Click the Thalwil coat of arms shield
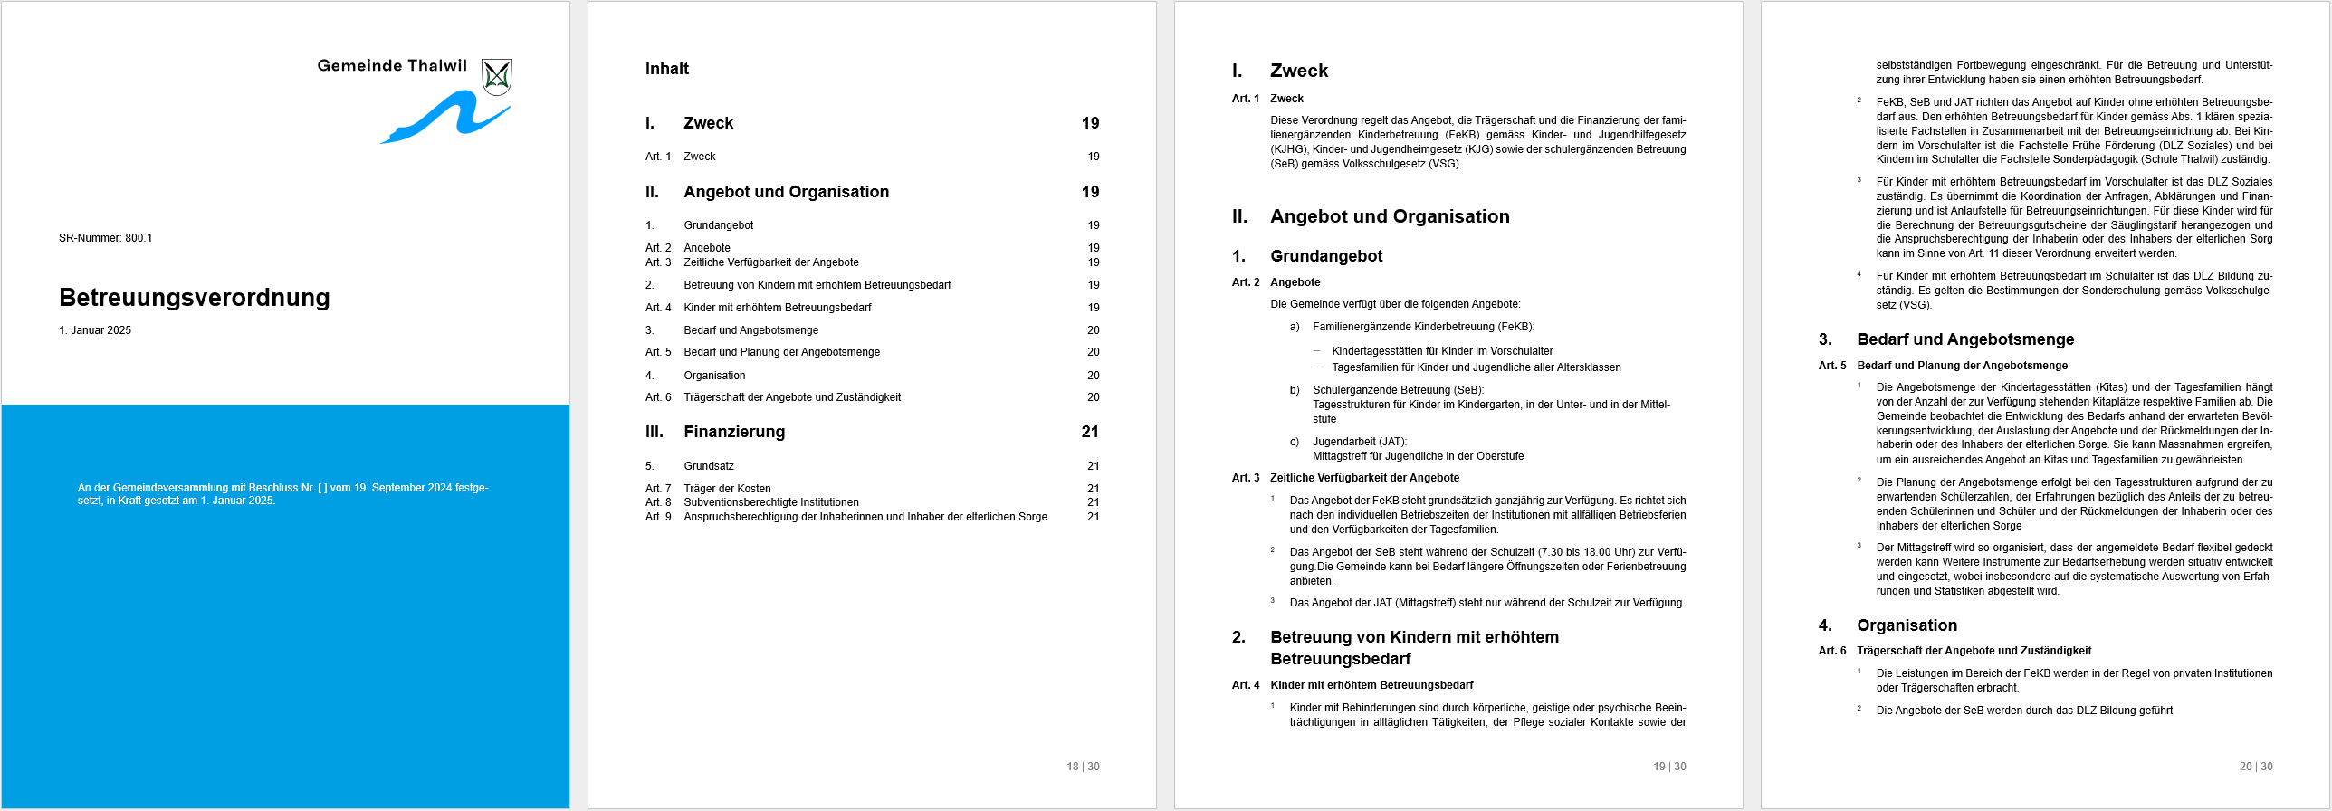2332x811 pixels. pyautogui.click(x=497, y=77)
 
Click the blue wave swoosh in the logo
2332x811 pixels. pyautogui.click(x=444, y=119)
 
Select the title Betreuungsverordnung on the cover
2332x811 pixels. pyautogui.click(x=194, y=298)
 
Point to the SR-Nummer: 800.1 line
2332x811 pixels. pyautogui.click(x=105, y=238)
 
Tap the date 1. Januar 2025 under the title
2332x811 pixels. pyautogui.click(x=95, y=330)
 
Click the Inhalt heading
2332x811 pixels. pyautogui.click(x=666, y=69)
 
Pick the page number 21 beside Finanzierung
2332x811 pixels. pyautogui.click(x=1090, y=432)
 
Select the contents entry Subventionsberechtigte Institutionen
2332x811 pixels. pyautogui.click(x=770, y=502)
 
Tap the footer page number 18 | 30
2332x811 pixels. pyautogui.click(x=1083, y=767)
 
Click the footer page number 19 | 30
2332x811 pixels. pyautogui.click(x=1669, y=767)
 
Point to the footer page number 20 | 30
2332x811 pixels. pyautogui.click(x=2256, y=767)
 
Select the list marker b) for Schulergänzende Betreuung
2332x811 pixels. pyautogui.click(x=1295, y=390)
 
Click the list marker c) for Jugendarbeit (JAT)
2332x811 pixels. pyautogui.click(x=1295, y=442)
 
